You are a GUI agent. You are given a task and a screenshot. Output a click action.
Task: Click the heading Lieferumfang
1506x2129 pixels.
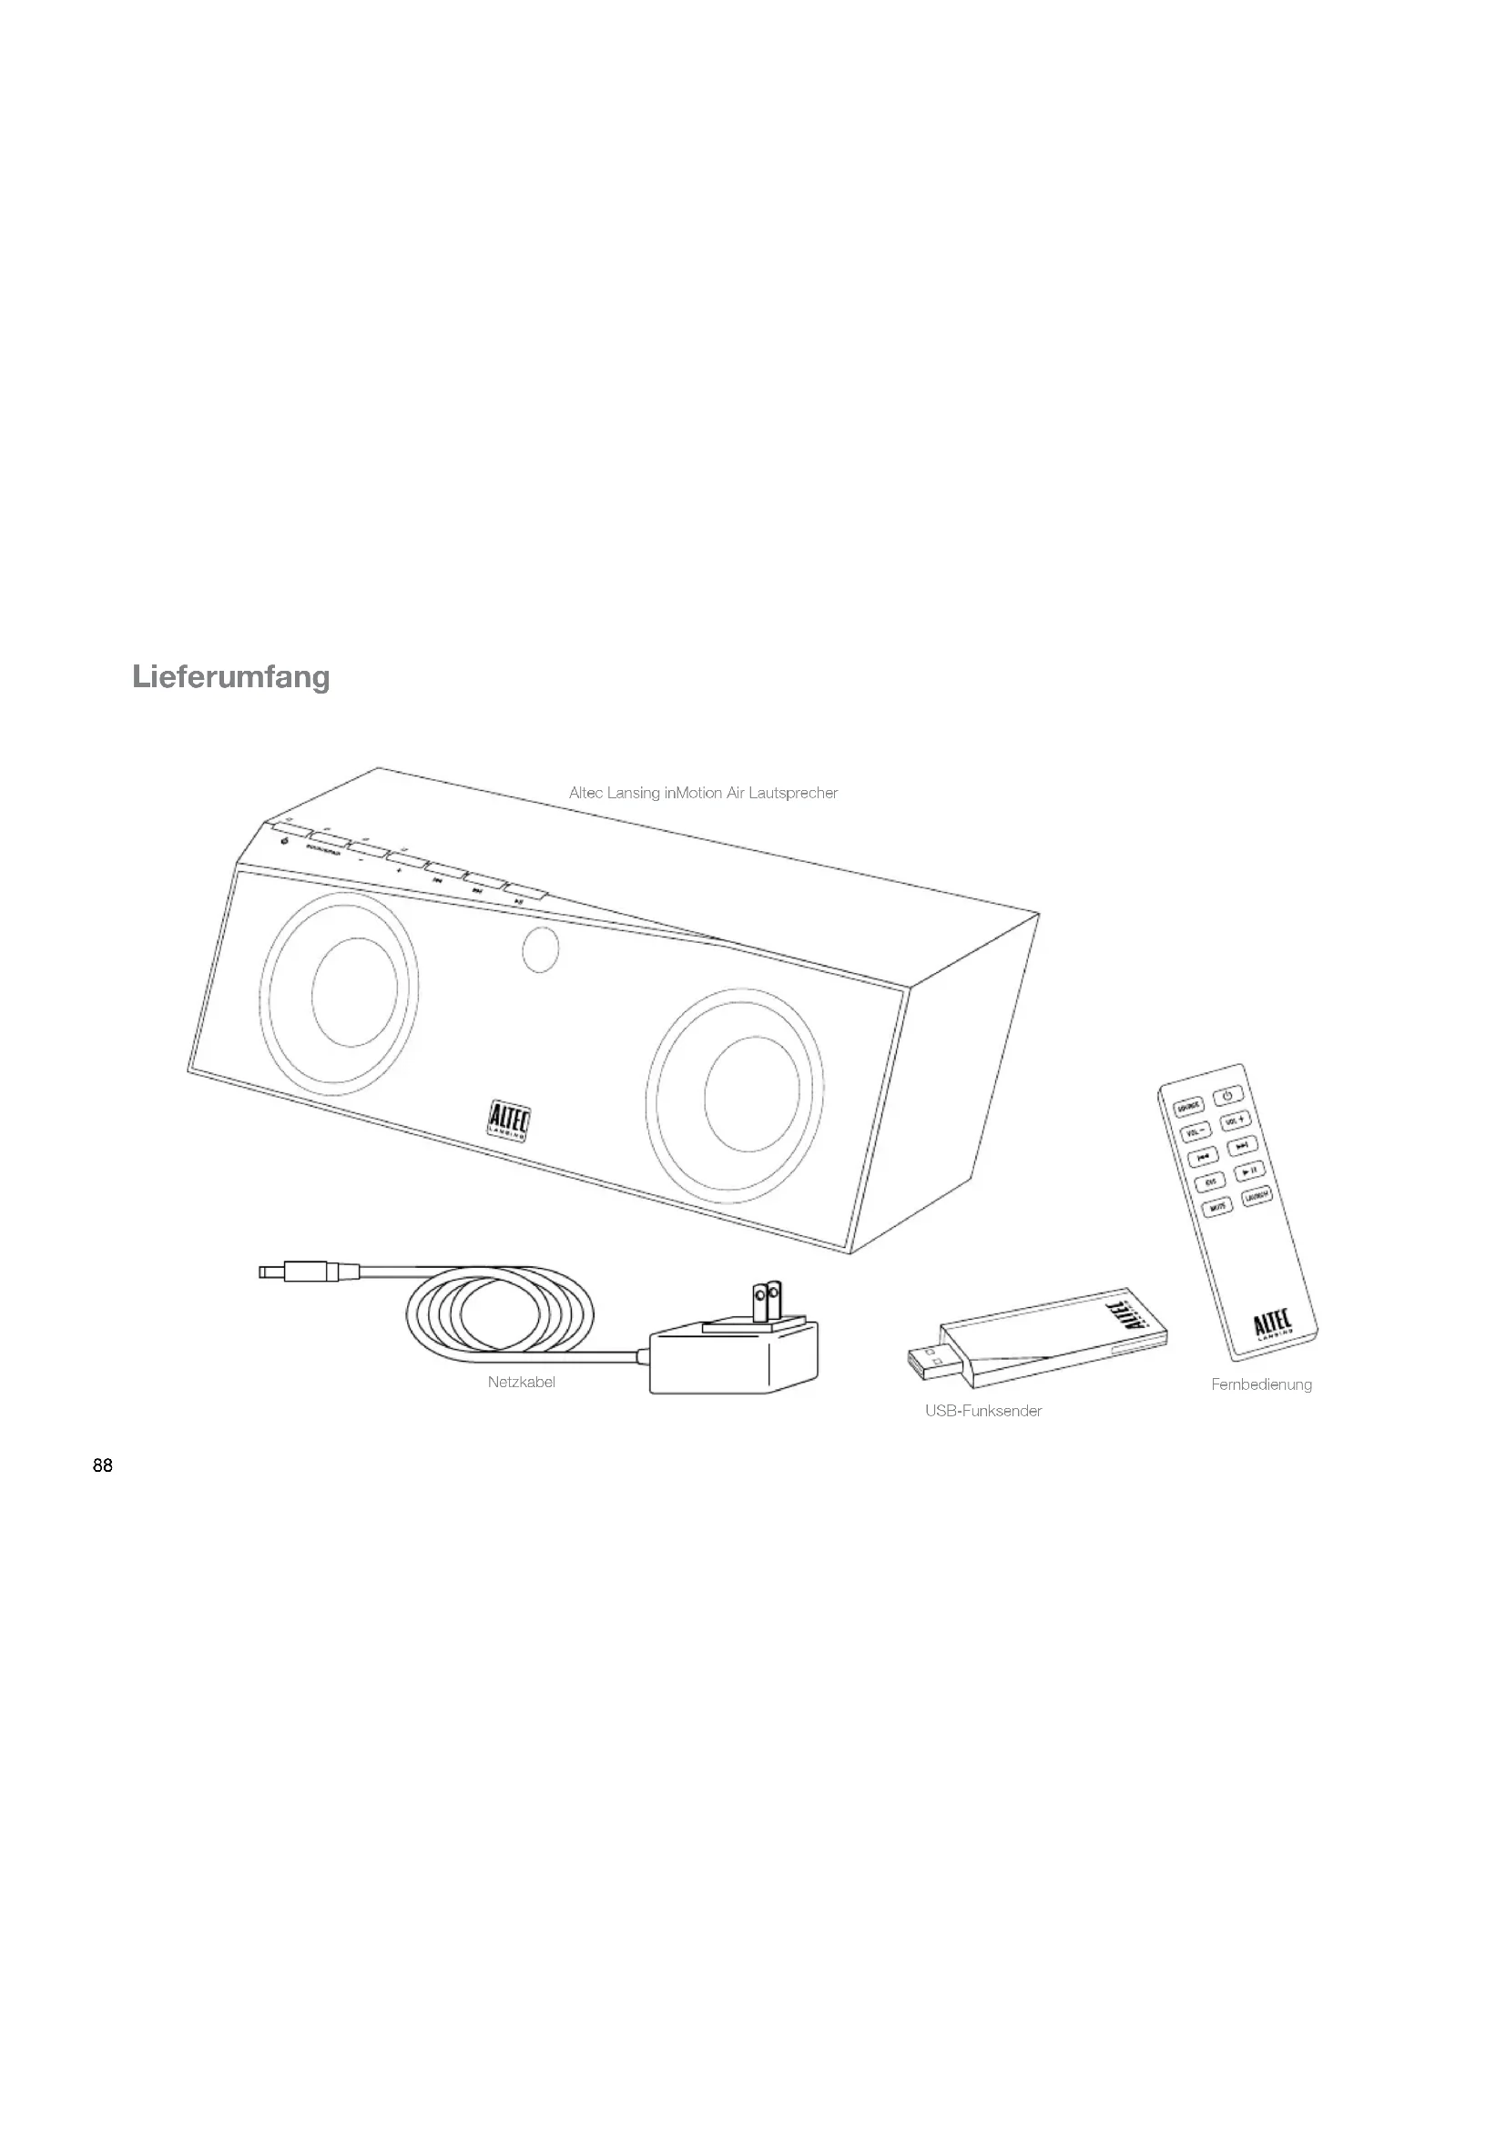(x=231, y=677)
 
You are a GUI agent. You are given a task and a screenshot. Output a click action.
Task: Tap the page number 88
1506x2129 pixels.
(x=103, y=1466)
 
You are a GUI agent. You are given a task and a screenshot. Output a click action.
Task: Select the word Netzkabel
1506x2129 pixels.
(x=521, y=1383)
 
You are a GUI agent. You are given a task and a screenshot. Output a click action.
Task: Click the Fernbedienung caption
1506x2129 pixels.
(x=1261, y=1384)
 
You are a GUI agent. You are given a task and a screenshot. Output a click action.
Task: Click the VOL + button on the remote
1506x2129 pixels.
(x=1236, y=1120)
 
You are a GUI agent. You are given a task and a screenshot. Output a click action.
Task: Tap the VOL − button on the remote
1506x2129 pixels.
(x=1195, y=1132)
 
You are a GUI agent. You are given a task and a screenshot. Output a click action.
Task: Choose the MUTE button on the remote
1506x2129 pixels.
(x=1217, y=1206)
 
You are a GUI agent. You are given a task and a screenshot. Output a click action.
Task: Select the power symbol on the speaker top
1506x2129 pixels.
(x=284, y=841)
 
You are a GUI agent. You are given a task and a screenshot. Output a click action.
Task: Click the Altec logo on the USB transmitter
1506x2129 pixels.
(x=1120, y=1317)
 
